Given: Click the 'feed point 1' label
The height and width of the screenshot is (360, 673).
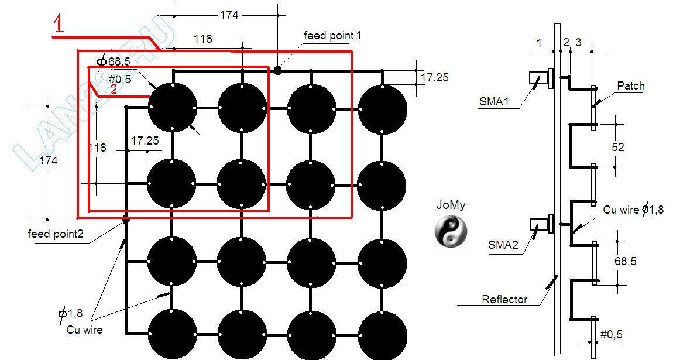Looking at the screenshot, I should [x=332, y=36].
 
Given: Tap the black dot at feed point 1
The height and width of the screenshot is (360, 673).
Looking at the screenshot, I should [x=278, y=70].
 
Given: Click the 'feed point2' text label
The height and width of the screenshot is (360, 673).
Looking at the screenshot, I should [x=56, y=234].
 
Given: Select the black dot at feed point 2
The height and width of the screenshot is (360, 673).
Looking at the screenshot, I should [x=125, y=220].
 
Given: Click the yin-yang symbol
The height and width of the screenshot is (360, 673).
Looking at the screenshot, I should [x=451, y=230].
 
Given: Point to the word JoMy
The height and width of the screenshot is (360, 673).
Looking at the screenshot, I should [x=451, y=205].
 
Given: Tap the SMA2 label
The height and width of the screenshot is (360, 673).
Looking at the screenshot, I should [x=503, y=245].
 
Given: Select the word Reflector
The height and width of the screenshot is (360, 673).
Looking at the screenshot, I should [x=504, y=299].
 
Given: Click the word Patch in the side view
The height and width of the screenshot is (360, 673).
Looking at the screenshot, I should [x=630, y=86].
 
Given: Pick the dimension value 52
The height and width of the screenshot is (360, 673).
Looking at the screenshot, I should [x=618, y=146].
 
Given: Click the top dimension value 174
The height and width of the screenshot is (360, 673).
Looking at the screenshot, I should [x=229, y=15].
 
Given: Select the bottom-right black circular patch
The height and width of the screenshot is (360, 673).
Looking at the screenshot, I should [x=382, y=334].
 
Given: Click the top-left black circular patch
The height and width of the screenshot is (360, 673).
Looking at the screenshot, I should [x=172, y=108].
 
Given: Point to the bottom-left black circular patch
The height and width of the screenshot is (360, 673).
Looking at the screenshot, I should [x=172, y=334].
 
